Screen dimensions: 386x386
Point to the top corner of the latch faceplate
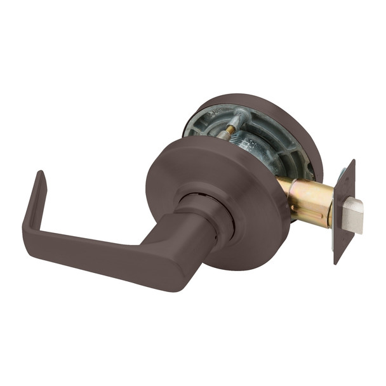pos(352,162)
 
